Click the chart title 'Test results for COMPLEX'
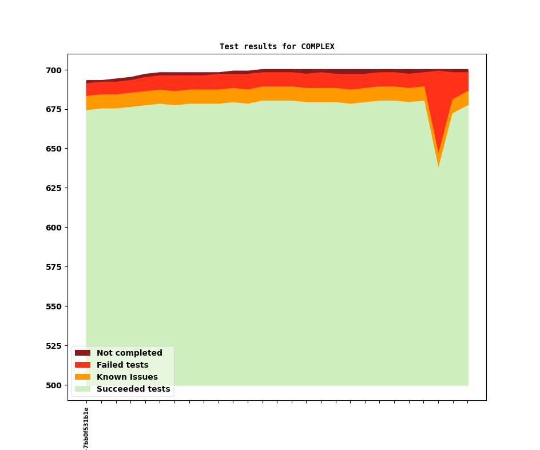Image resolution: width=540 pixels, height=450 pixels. point(277,46)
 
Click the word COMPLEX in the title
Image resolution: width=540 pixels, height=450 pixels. point(317,46)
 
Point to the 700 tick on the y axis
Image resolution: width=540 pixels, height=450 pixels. point(53,70)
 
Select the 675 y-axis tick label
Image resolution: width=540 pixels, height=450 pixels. point(53,110)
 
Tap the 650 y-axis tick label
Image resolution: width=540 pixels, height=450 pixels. point(53,149)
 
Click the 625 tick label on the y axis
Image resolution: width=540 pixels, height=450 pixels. point(53,188)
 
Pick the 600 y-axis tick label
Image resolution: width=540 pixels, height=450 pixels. point(53,228)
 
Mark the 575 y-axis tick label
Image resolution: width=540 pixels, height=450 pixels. point(53,267)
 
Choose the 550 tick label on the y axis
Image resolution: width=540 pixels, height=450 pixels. point(53,306)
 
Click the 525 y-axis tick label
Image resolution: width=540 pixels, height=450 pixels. point(53,346)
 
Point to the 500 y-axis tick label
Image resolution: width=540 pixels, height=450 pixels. point(53,385)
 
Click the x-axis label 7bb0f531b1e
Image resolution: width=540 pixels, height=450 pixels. point(86,428)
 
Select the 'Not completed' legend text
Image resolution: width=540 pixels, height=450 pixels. point(129,353)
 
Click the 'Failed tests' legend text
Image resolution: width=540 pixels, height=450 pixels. point(122,365)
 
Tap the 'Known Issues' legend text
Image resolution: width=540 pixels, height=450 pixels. point(127,377)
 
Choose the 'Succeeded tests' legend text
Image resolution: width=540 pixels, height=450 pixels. point(133,389)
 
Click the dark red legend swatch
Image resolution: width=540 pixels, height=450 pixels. point(82,353)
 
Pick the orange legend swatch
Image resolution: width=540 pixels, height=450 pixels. point(82,377)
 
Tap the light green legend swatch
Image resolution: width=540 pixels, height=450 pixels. point(82,389)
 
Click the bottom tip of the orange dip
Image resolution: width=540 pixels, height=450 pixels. point(439,166)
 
